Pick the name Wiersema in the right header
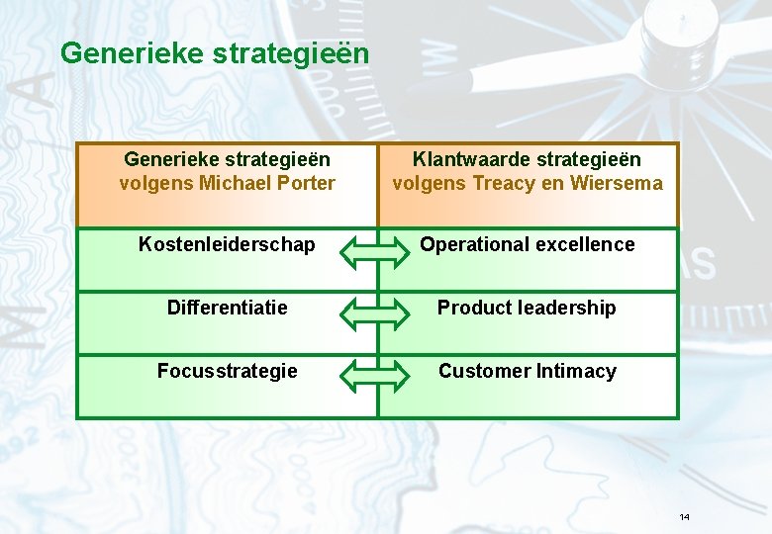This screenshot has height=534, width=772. pyautogui.click(x=617, y=183)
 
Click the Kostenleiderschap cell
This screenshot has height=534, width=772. pyautogui.click(x=228, y=244)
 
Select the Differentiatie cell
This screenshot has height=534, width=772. pyautogui.click(x=228, y=308)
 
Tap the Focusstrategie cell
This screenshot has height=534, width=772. pyautogui.click(x=228, y=371)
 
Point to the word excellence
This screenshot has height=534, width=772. pyautogui.click(x=586, y=244)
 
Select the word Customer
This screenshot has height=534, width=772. pyautogui.click(x=484, y=371)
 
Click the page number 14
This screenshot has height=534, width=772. pyautogui.click(x=684, y=517)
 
